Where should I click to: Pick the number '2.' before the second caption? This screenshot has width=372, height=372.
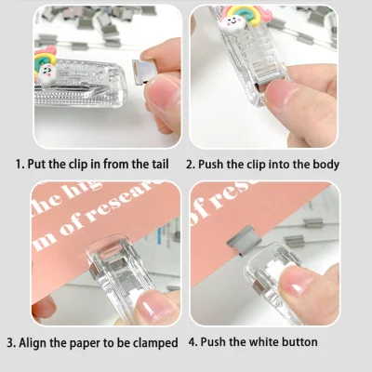point(191,165)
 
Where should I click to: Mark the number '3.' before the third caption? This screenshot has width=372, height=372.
point(10,343)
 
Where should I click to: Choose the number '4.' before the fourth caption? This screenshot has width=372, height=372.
point(193,342)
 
